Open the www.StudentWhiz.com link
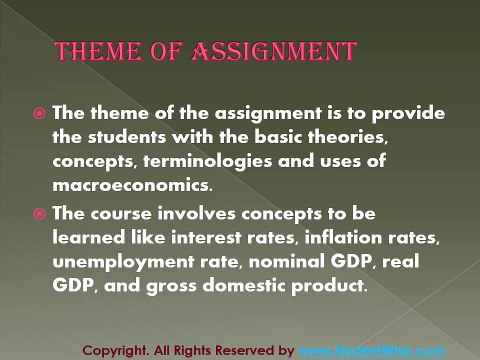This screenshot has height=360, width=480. point(372,350)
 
